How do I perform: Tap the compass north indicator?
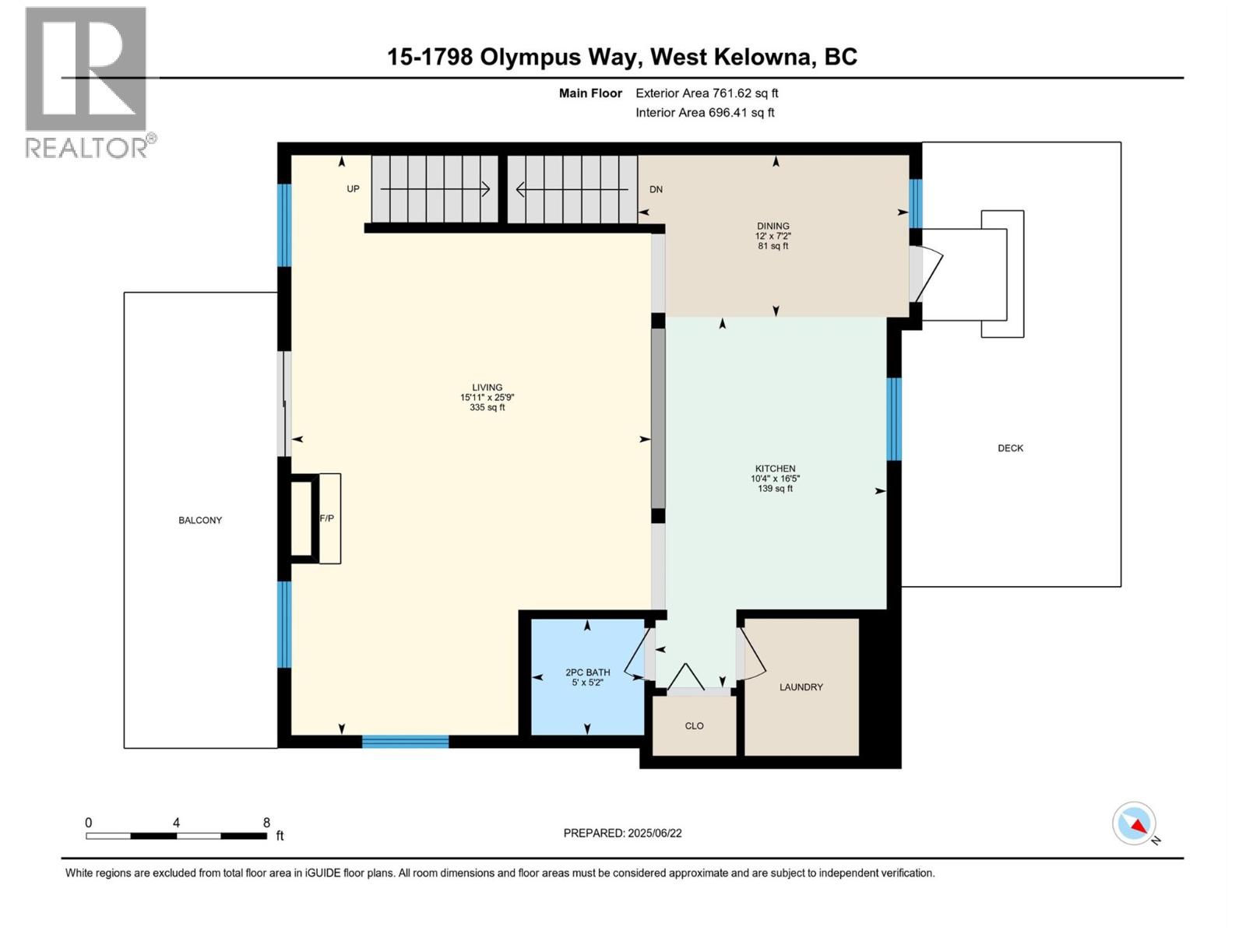point(1135,824)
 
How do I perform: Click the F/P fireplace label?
point(327,518)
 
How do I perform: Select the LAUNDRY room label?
point(801,687)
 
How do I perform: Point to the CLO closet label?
point(694,726)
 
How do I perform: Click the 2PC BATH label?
point(587,672)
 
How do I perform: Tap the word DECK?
point(1010,448)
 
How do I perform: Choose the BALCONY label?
point(200,521)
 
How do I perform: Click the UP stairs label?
point(353,189)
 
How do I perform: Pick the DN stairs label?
point(656,189)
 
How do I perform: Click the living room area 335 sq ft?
point(487,408)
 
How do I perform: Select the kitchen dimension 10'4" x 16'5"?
point(775,479)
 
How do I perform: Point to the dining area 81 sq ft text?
point(773,246)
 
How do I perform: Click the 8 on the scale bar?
point(266,823)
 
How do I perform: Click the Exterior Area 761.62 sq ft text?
point(706,93)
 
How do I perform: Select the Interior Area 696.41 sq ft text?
point(705,113)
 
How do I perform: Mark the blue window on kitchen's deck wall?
point(894,419)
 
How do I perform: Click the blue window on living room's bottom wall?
point(405,742)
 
